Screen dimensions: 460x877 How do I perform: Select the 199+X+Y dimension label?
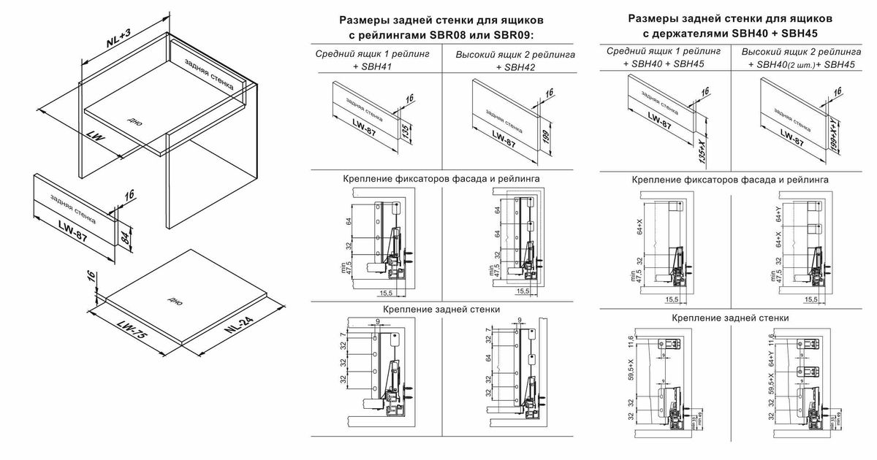[835, 137]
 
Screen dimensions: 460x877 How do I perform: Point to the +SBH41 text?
[372, 67]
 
